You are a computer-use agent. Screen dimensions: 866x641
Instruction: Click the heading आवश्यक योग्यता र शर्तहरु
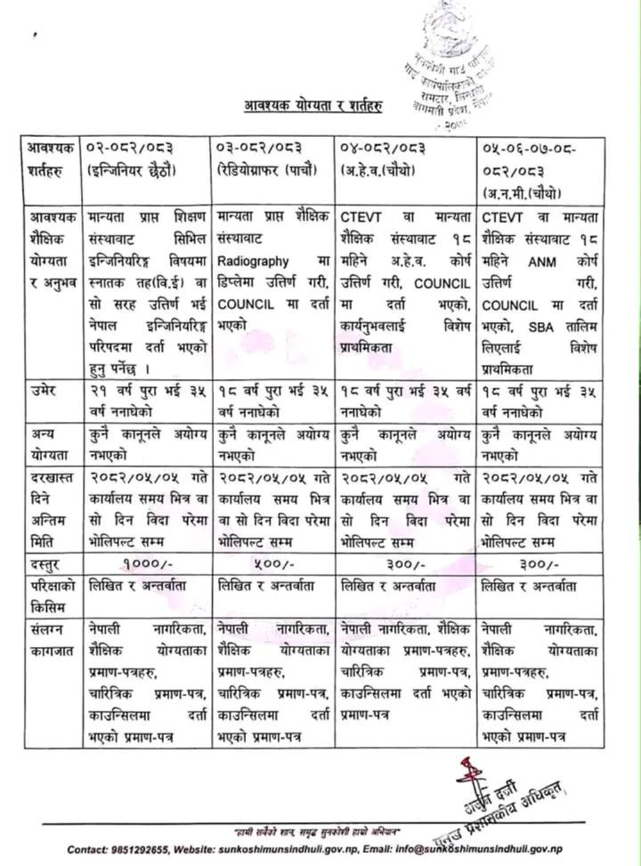click(313, 106)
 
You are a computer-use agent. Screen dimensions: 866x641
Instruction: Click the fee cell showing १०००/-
click(147, 564)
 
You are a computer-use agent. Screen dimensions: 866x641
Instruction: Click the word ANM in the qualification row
click(542, 262)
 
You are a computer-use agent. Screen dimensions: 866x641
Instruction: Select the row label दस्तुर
click(46, 565)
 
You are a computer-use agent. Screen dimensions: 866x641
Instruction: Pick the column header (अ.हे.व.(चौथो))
click(378, 171)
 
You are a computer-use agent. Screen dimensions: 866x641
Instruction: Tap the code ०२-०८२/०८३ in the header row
click(132, 149)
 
